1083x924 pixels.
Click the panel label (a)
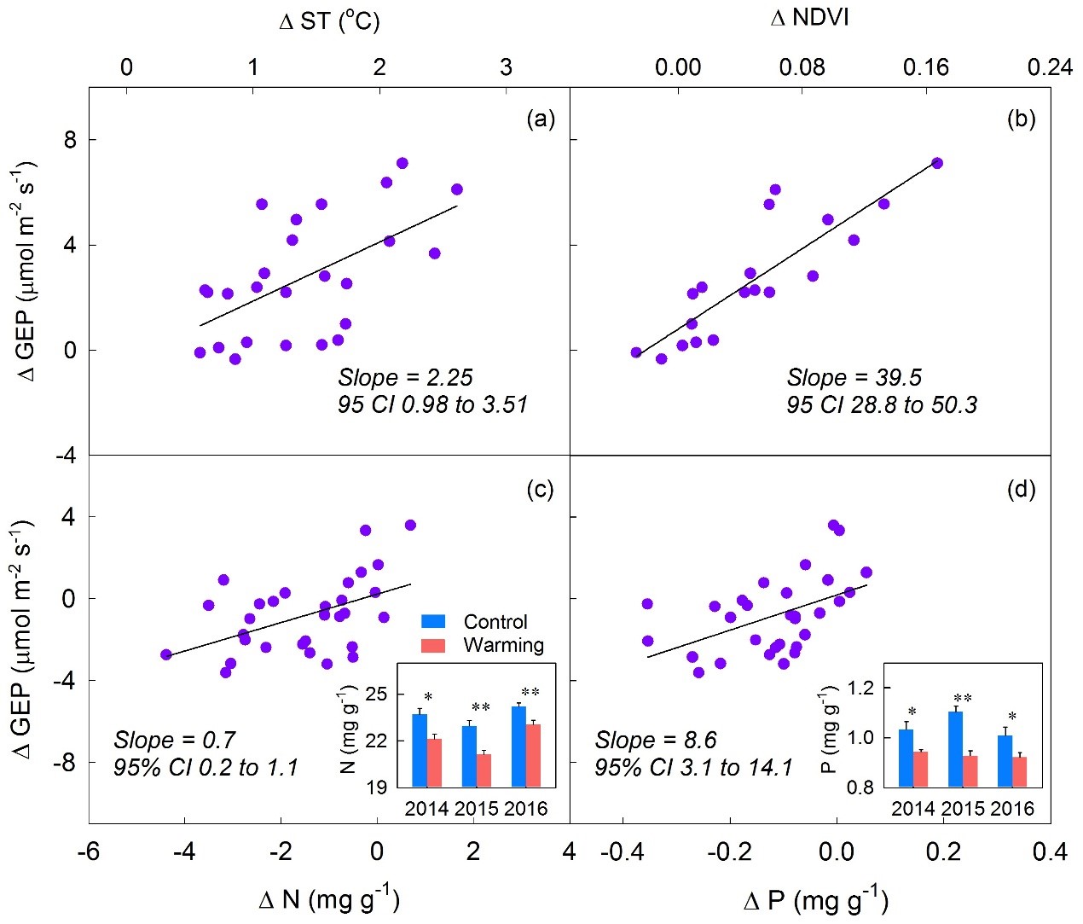click(541, 119)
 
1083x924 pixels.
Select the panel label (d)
click(1021, 489)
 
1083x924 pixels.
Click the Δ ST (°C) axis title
click(329, 20)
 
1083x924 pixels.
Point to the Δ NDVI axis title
click(809, 18)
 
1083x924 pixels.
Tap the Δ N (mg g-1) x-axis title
click(329, 898)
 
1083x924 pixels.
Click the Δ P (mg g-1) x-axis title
click(816, 900)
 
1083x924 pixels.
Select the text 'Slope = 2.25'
click(405, 377)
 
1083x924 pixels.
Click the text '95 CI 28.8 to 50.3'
click(882, 404)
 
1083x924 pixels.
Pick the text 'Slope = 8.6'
click(656, 740)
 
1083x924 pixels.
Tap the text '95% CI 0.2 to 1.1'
click(206, 768)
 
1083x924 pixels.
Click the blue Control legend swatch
click(433, 621)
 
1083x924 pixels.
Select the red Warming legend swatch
click(433, 645)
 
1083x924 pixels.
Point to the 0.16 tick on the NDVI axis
click(926, 67)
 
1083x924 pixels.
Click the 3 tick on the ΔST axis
click(506, 67)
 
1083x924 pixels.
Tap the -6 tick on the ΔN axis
click(90, 851)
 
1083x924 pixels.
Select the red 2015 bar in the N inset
click(484, 770)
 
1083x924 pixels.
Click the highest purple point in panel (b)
click(936, 163)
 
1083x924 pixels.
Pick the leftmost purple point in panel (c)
click(166, 654)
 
